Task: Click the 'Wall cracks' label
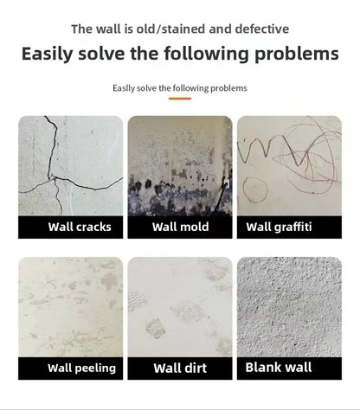pyautogui.click(x=71, y=227)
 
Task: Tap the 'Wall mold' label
pyautogui.click(x=180, y=227)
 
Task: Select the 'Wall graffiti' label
pyautogui.click(x=289, y=227)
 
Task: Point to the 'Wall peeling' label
pyautogui.click(x=71, y=368)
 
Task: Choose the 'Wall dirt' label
pyautogui.click(x=180, y=368)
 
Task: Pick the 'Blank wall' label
pyautogui.click(x=289, y=367)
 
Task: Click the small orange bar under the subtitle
pyautogui.click(x=180, y=99)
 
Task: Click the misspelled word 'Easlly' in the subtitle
pyautogui.click(x=125, y=88)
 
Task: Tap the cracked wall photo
pyautogui.click(x=71, y=165)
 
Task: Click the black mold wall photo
pyautogui.click(x=180, y=165)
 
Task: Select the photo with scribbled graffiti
pyautogui.click(x=289, y=165)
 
